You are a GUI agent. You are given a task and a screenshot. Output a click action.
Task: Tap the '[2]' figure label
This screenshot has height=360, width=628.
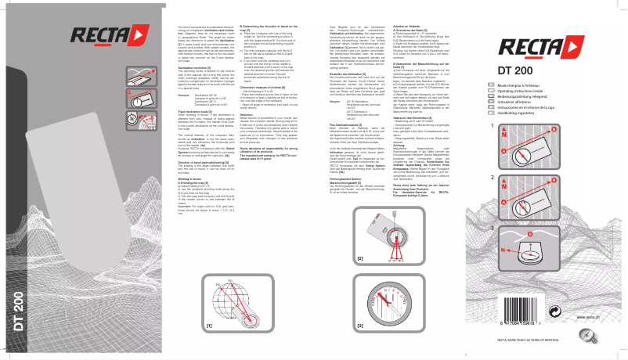pos(359,257)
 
